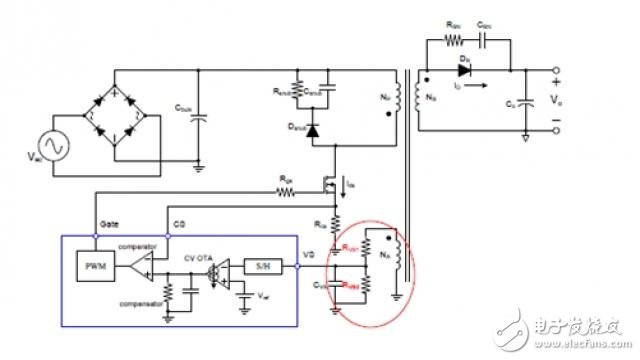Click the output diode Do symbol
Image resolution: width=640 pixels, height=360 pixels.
[x=465, y=71]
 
